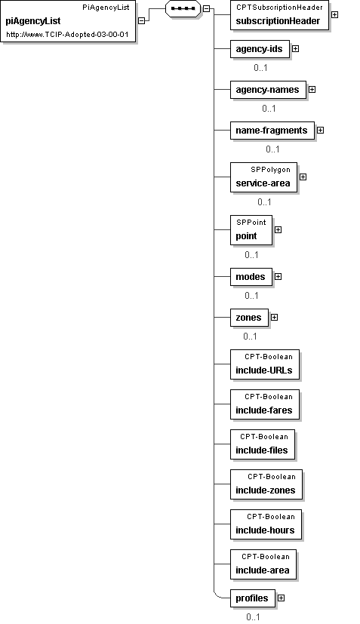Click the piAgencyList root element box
click(x=69, y=21)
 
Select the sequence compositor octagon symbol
click(x=183, y=8)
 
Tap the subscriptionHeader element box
click(x=279, y=15)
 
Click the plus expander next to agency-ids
click(x=296, y=48)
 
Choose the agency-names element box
click(x=268, y=90)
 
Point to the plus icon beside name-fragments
click(x=320, y=130)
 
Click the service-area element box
click(x=263, y=177)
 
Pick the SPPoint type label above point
click(x=251, y=223)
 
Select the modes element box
click(x=251, y=277)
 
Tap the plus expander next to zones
click(x=274, y=317)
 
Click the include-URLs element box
click(x=264, y=364)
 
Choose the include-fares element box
click(x=264, y=404)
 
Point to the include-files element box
click(x=263, y=444)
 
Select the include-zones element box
click(x=266, y=484)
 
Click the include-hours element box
click(x=266, y=524)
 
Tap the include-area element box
click(x=263, y=564)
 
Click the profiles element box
click(x=253, y=598)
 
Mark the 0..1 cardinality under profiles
click(x=253, y=617)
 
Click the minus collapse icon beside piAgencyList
click(x=141, y=20)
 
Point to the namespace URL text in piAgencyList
click(x=68, y=35)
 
